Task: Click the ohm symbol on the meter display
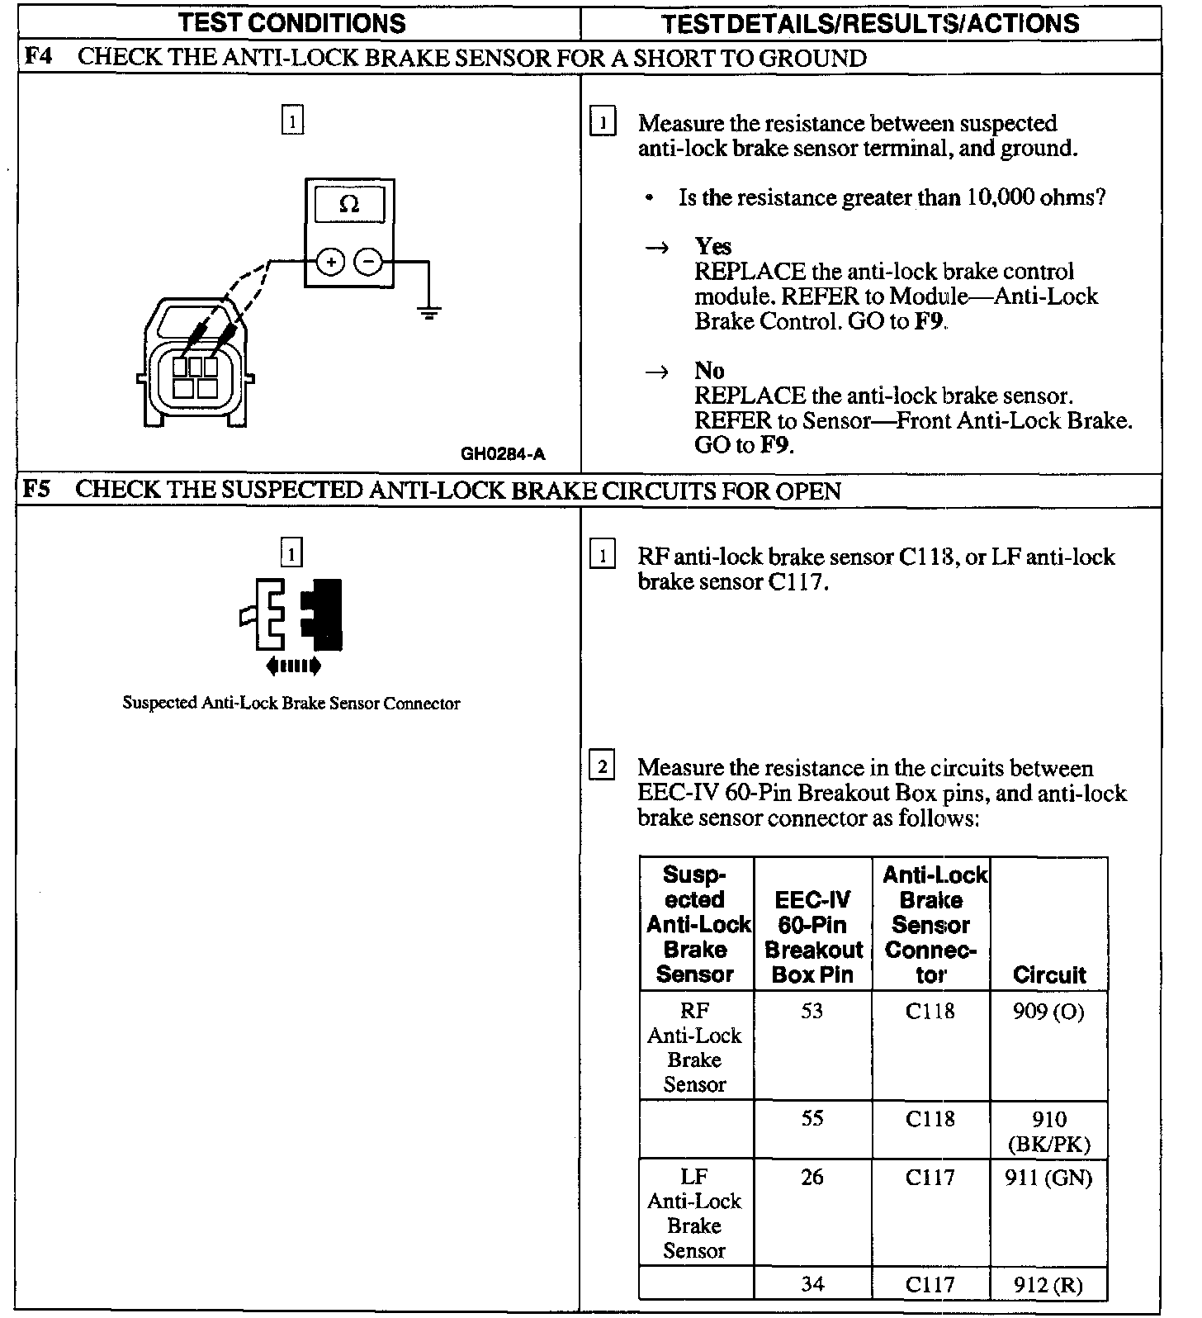point(349,204)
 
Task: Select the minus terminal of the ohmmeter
point(368,262)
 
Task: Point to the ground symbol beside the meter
point(428,312)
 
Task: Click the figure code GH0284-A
point(503,453)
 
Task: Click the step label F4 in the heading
point(38,57)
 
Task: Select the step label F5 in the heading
point(38,489)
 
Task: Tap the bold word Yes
point(712,246)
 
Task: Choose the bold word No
point(709,370)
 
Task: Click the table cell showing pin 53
point(812,1011)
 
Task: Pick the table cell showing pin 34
point(812,1283)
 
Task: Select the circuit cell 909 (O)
point(1048,1011)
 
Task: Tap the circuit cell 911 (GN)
point(1048,1177)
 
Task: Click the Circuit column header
point(1048,974)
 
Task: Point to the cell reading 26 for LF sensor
point(812,1177)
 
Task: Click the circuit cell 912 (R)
point(1048,1284)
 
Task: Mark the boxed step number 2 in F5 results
point(602,767)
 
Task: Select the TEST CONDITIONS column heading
point(292,23)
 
